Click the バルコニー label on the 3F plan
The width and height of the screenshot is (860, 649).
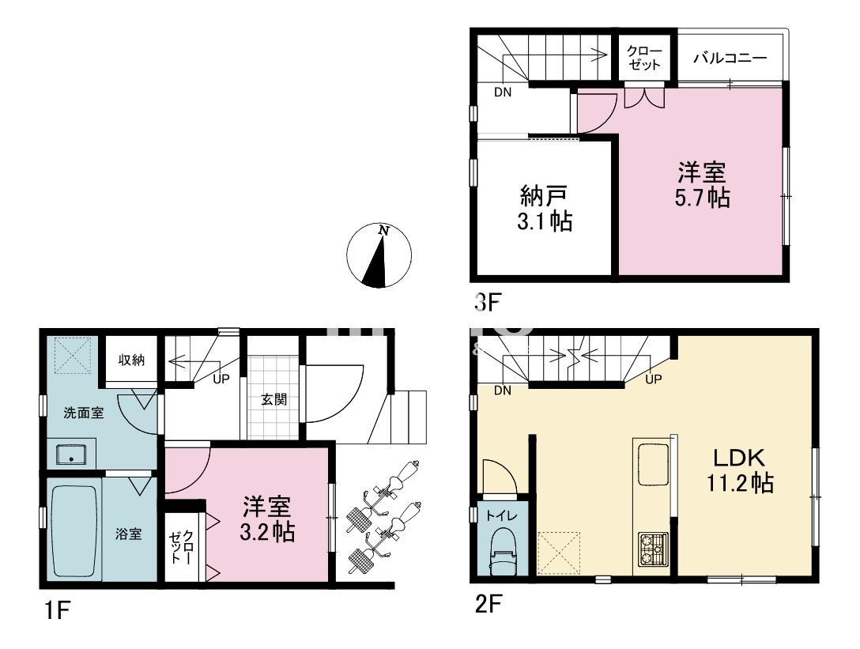730,58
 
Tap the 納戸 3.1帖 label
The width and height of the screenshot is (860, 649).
545,209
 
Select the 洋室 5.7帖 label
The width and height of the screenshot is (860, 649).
702,185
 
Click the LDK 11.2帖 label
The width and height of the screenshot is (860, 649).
739,470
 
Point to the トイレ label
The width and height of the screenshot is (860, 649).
502,516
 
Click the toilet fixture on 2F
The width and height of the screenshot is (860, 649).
503,551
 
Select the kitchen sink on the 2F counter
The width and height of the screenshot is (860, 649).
653,465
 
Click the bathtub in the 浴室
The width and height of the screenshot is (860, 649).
74,530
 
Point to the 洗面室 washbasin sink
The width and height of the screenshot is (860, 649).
70,455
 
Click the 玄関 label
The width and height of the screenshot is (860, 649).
273,399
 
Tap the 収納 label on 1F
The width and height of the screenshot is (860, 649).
132,360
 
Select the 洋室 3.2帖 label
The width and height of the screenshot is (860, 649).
267,519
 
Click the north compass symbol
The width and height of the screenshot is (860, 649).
379,255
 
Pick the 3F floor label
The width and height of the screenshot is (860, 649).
488,302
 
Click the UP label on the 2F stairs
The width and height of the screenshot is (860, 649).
653,379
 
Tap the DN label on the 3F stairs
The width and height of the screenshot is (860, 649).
503,92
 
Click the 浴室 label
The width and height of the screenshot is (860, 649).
128,534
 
